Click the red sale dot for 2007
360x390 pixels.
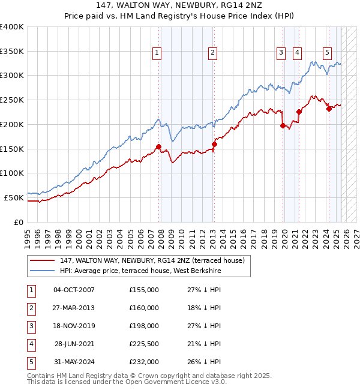point(159,146)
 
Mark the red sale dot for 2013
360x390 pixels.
point(214,144)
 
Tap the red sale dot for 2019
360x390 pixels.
point(283,125)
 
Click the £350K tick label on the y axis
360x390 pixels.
point(12,52)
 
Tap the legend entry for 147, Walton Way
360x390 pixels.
point(152,261)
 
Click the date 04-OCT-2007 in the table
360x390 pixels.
point(74,290)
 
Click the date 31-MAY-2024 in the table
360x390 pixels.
point(74,362)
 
